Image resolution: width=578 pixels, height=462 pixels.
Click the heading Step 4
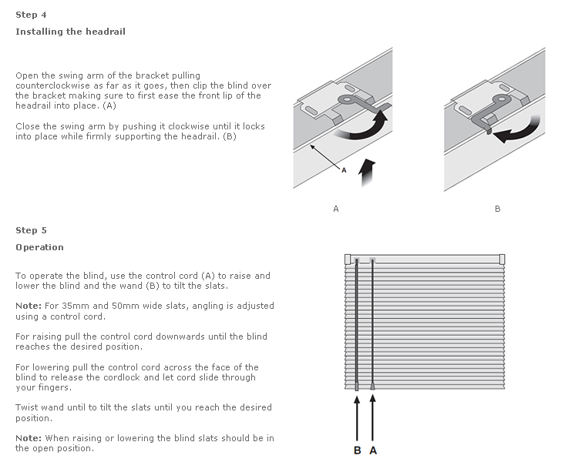point(26,14)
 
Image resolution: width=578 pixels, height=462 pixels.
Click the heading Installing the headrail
point(70,32)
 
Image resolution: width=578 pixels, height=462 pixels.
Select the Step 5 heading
point(26,230)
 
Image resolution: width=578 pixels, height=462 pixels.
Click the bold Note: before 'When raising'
point(29,438)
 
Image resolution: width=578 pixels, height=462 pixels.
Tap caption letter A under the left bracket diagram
point(336,209)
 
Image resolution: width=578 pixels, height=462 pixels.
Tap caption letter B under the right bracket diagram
point(497,209)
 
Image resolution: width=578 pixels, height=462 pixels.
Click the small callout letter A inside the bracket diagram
point(344,169)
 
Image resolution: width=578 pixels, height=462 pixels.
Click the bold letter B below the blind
point(357,450)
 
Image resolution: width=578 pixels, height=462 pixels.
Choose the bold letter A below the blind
point(373,450)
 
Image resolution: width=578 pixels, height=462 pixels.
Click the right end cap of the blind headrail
point(502,259)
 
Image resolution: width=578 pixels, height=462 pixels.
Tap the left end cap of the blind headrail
point(348,259)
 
